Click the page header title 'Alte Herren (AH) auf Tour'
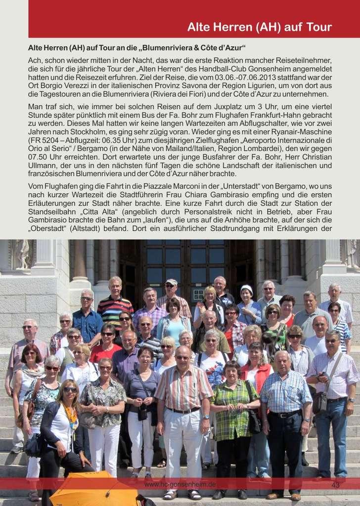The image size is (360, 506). (259, 27)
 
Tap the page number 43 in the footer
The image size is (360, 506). (335, 485)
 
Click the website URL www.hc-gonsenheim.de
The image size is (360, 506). (180, 485)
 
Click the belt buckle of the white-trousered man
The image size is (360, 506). (183, 411)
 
